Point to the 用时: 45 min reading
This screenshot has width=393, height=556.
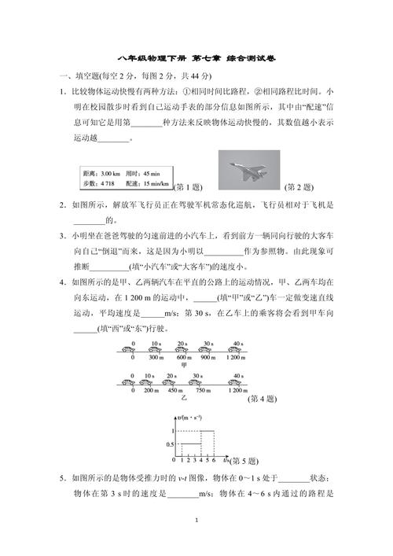(142, 173)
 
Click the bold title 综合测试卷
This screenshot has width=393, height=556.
(250, 60)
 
